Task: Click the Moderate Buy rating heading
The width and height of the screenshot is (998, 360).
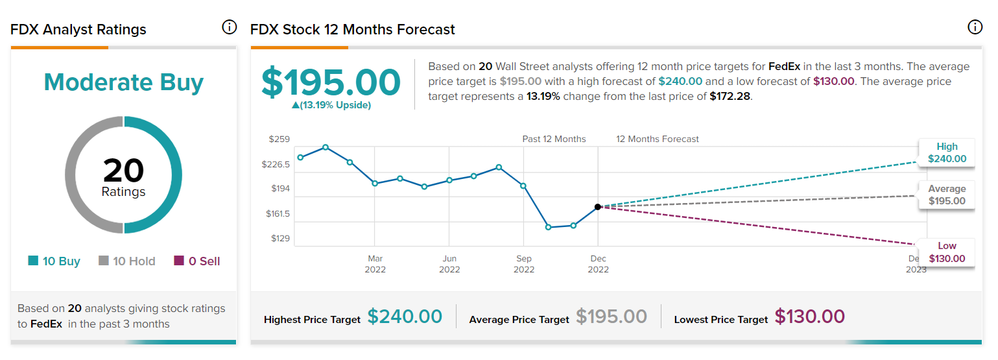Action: click(x=123, y=82)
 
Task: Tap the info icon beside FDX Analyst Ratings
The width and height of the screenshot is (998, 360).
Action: click(x=229, y=27)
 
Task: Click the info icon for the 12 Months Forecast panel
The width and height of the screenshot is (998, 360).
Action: click(x=974, y=27)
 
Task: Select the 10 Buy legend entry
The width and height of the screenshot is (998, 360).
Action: click(x=54, y=261)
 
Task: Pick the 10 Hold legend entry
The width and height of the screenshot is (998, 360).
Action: click(x=127, y=261)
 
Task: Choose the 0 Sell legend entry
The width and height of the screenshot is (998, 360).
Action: click(x=197, y=261)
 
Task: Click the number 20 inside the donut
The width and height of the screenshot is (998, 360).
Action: click(x=123, y=170)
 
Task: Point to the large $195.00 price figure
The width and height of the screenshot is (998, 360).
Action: click(x=331, y=82)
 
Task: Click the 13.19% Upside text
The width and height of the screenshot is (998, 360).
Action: click(x=331, y=105)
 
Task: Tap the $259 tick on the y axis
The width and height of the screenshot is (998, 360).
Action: click(x=279, y=139)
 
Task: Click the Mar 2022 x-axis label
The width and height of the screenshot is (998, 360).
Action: click(x=375, y=264)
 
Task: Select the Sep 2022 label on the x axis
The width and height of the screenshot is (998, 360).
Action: click(x=524, y=264)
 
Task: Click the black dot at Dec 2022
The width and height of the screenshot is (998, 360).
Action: click(x=598, y=207)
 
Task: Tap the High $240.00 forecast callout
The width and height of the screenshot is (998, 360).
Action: click(x=947, y=152)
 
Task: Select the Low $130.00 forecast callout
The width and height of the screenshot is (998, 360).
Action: click(x=947, y=252)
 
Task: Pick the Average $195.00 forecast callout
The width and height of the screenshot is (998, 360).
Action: click(x=947, y=195)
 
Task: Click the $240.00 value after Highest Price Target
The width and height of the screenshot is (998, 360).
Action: click(x=405, y=317)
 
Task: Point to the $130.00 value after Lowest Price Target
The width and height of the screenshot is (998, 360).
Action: click(x=809, y=317)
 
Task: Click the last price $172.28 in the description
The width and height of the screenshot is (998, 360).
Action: click(x=730, y=96)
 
